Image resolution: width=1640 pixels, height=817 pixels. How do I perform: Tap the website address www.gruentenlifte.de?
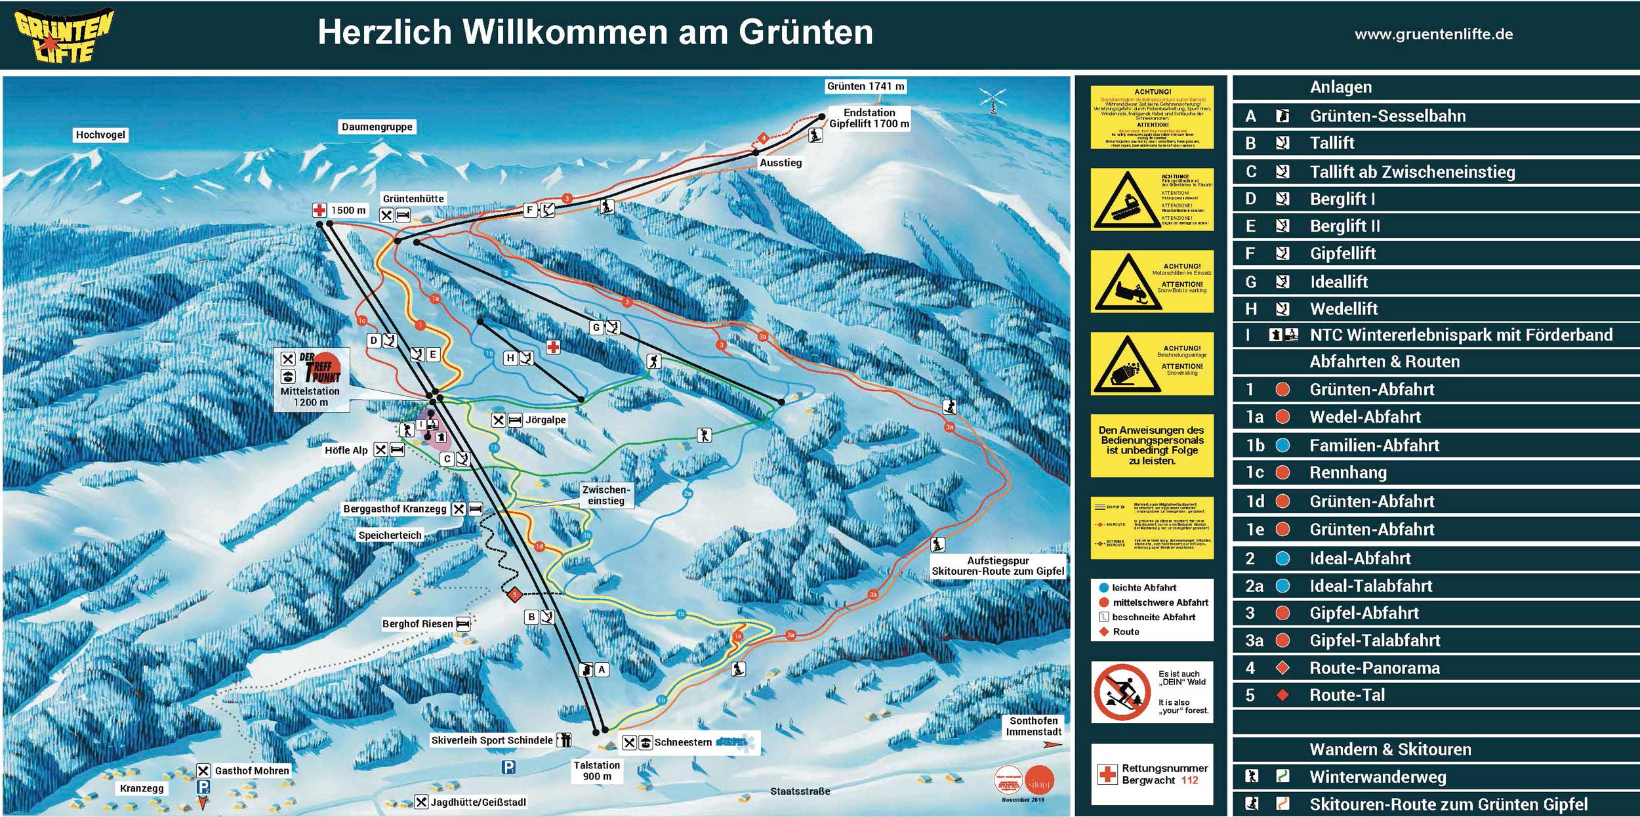(x=1433, y=34)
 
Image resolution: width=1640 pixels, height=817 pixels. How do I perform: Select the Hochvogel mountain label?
(x=100, y=135)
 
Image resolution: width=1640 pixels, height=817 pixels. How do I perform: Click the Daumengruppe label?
(x=377, y=127)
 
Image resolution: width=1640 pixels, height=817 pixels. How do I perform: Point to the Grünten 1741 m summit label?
(x=865, y=87)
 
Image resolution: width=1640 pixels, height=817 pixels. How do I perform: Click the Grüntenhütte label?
(x=413, y=199)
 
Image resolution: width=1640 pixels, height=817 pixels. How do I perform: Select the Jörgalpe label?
(x=545, y=420)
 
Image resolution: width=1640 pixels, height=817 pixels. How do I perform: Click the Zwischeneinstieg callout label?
(x=605, y=495)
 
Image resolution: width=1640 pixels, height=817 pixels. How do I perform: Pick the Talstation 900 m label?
(x=596, y=770)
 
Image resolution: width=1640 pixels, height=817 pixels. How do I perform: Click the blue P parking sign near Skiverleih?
(x=508, y=766)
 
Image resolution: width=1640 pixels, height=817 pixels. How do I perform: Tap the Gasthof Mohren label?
(x=252, y=770)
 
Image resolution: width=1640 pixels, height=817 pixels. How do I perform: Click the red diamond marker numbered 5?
(x=514, y=595)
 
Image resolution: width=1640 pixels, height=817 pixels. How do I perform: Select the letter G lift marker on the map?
(x=596, y=327)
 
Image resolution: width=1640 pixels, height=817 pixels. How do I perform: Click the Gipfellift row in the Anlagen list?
(x=1342, y=254)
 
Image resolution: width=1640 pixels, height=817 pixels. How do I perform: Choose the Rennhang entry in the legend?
(x=1347, y=472)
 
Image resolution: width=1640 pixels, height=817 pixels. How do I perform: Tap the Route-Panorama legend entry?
(x=1374, y=668)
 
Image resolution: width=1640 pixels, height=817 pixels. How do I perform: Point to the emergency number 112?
(x=1189, y=780)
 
